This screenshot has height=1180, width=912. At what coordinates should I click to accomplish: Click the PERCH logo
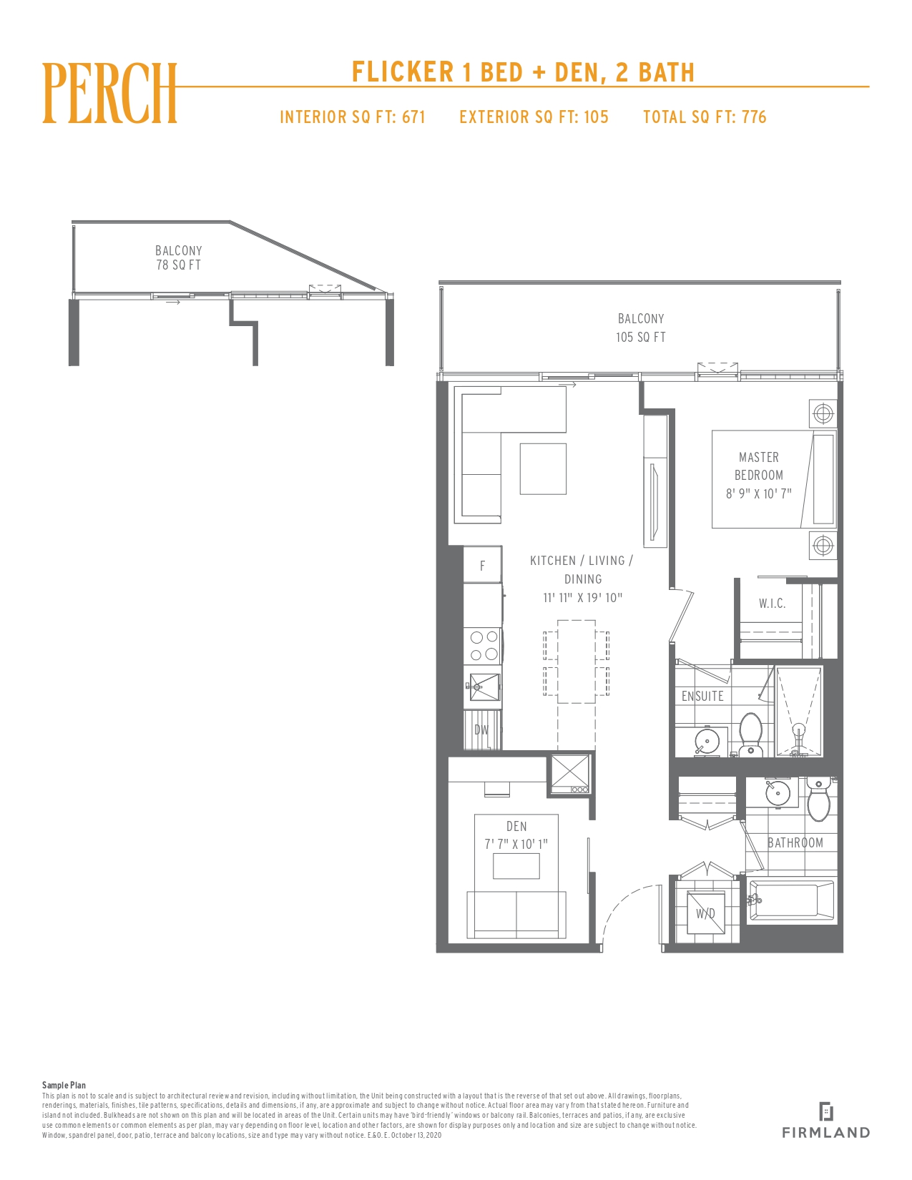point(109,94)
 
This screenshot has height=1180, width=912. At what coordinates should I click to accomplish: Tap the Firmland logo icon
point(825,1111)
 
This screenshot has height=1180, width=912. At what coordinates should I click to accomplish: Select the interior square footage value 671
point(413,117)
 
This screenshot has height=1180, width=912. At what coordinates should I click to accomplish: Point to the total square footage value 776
point(754,117)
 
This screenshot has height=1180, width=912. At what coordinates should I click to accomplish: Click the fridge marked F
point(482,565)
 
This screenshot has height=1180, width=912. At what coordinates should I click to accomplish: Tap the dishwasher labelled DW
point(482,729)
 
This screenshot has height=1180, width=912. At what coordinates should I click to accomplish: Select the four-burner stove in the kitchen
point(483,646)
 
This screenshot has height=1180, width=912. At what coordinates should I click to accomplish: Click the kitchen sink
point(483,687)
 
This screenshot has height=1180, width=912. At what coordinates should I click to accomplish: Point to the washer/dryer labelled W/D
point(705,913)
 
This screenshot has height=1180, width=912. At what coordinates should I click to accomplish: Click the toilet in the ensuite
point(751,734)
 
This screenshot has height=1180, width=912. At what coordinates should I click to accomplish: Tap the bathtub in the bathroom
point(791,901)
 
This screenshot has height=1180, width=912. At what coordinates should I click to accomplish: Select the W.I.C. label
point(772,604)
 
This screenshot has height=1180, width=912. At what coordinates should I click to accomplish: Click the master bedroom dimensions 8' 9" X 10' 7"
point(759,493)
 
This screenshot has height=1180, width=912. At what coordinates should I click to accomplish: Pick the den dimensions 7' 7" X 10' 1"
point(516,844)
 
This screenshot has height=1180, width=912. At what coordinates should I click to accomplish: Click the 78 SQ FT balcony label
point(178,265)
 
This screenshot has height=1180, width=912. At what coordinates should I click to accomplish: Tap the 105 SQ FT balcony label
point(640,338)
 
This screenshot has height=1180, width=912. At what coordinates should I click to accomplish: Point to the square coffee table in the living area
point(543,468)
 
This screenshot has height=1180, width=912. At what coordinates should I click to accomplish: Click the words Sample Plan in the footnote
point(64,1085)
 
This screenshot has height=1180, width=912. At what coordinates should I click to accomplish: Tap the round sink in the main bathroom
point(778,792)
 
